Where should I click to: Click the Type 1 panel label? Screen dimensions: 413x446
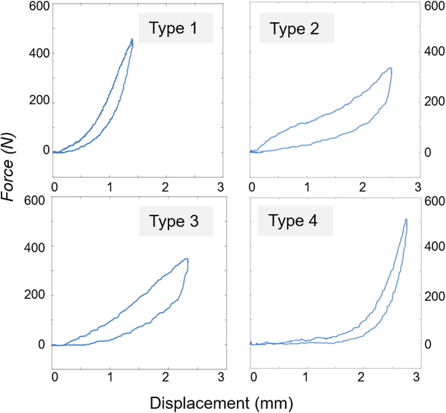pyautogui.click(x=173, y=28)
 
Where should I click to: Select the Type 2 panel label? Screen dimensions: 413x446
pyautogui.click(x=294, y=29)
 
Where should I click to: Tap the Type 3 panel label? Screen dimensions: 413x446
pyautogui.click(x=174, y=221)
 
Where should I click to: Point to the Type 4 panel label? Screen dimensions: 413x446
pyautogui.click(x=293, y=221)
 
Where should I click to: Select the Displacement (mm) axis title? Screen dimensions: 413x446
pyautogui.click(x=221, y=403)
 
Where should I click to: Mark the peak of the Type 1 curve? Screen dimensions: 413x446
pyautogui.click(x=132, y=40)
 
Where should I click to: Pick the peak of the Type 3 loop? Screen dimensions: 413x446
pyautogui.click(x=187, y=259)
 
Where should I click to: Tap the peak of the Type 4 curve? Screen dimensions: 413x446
pyautogui.click(x=406, y=219)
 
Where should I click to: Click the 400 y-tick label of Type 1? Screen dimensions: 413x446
pyautogui.click(x=39, y=53)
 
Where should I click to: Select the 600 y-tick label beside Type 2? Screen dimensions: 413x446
pyautogui.click(x=434, y=6)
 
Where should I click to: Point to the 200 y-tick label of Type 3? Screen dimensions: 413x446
pyautogui.click(x=34, y=295)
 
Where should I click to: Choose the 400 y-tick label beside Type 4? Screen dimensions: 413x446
pyautogui.click(x=434, y=246)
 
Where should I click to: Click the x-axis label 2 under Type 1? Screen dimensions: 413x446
pyautogui.click(x=165, y=187)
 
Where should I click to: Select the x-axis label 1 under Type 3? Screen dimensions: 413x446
pyautogui.click(x=110, y=377)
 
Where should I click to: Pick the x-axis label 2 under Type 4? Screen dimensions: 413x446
pyautogui.click(x=361, y=377)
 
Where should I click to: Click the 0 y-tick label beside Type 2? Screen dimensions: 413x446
pyautogui.click(x=428, y=153)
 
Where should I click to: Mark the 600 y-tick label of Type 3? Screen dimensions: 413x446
pyautogui.click(x=34, y=200)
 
